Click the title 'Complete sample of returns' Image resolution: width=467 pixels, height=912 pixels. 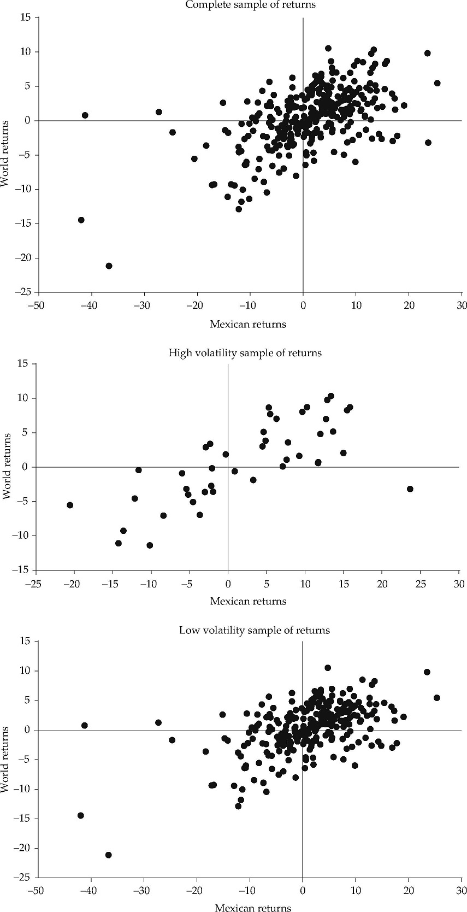click(250, 5)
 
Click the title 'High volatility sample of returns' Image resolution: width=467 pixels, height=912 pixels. click(245, 353)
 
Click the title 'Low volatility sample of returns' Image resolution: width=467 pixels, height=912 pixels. click(254, 630)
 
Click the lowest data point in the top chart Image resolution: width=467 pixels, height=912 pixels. click(109, 266)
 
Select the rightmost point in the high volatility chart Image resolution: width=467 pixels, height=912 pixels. click(410, 489)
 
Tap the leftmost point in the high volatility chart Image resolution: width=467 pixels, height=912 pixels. click(70, 505)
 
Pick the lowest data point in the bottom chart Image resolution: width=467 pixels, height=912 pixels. click(108, 855)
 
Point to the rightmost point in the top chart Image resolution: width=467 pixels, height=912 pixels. click(437, 83)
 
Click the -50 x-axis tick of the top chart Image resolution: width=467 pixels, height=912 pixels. click(37, 304)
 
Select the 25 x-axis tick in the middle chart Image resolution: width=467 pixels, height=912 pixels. click(421, 582)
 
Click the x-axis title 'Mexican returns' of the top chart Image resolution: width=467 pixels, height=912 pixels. click(248, 325)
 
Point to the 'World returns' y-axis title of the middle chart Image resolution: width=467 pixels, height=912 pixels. click(7, 466)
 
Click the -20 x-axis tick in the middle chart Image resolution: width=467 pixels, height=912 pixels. click(73, 582)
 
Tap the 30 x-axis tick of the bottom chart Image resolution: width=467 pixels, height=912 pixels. click(462, 890)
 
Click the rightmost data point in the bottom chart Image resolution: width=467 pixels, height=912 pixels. click(436, 698)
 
